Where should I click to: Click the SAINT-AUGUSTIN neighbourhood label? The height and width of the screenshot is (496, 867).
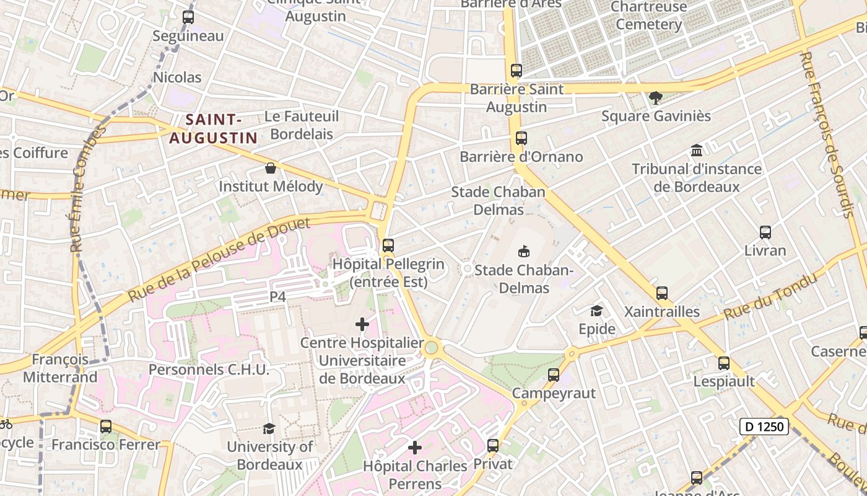214,128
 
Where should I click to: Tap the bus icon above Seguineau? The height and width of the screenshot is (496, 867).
188,17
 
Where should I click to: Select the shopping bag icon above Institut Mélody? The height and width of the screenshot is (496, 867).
271,168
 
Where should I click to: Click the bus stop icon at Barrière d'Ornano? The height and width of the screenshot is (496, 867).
521,138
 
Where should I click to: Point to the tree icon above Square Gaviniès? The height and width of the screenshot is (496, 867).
655,97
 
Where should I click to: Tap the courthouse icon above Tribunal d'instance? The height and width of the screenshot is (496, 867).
697,151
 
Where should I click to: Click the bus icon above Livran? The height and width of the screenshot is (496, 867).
765,232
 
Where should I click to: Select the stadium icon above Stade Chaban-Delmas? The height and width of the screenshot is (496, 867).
524,251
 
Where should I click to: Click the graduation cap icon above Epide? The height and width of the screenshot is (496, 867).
597,311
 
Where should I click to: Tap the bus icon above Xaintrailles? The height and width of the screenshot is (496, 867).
662,293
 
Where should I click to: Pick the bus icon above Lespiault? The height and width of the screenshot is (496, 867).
724,363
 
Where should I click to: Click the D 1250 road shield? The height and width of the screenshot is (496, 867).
764,427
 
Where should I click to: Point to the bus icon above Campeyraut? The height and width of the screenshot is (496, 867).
554,375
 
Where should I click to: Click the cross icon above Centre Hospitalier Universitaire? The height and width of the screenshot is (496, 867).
362,324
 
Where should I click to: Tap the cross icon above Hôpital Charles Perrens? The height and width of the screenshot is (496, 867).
415,447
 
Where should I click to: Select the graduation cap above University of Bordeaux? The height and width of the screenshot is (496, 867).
269,428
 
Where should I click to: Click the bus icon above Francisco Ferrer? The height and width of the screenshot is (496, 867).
106,427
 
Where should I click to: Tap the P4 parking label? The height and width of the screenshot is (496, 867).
277,298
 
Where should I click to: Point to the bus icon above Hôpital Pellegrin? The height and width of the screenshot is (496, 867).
388,246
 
